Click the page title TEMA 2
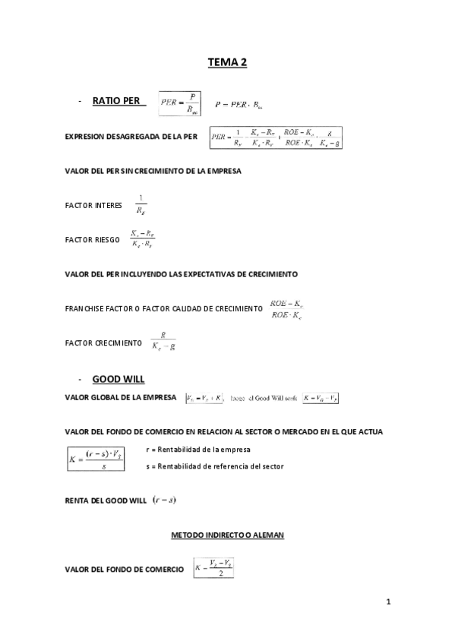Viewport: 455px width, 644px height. pos(227,63)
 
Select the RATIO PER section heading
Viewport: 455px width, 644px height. pos(118,100)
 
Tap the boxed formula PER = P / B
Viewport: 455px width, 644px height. pos(179,103)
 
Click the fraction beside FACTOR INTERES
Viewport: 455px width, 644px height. pos(141,203)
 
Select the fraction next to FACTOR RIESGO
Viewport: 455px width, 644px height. pos(143,239)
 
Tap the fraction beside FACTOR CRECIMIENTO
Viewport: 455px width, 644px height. pos(163,343)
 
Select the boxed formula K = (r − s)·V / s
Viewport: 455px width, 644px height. pos(96,458)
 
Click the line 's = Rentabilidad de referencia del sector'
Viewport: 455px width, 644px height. pos(214,466)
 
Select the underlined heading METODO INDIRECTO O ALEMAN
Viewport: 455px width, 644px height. pos(227,535)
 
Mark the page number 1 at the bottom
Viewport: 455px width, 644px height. pos(388,603)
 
